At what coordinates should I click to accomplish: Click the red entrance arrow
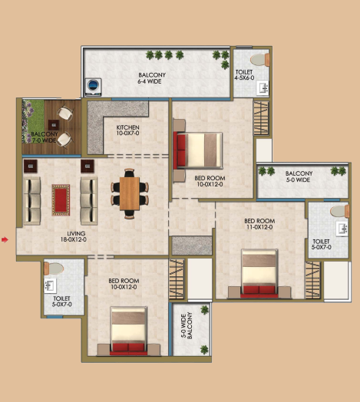[x=5, y=239]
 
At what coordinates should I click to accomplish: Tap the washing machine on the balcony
[x=93, y=87]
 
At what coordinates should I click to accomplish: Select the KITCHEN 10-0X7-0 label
[x=127, y=130]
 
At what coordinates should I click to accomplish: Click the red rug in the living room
[x=61, y=200]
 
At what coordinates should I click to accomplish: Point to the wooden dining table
[x=130, y=193]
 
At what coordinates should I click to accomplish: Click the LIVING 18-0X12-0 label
[x=74, y=236]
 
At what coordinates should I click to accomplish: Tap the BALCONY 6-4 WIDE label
[x=152, y=78]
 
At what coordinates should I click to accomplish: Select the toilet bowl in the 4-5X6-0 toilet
[x=259, y=60]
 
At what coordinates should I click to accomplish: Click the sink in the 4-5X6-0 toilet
[x=263, y=88]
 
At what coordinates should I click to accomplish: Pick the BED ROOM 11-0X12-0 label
[x=259, y=224]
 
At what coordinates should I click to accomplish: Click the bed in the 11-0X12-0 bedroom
[x=259, y=273]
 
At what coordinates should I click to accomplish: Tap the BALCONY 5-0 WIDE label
[x=299, y=176]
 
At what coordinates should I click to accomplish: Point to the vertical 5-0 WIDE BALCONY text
[x=187, y=325]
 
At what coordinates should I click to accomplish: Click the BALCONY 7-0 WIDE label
[x=44, y=137]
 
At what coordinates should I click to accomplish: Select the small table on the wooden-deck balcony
[x=54, y=125]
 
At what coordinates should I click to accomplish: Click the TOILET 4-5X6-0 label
[x=244, y=75]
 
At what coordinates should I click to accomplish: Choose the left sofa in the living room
[x=32, y=201]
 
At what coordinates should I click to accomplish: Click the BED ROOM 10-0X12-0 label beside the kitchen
[x=210, y=181]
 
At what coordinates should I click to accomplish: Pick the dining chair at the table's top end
[x=129, y=173]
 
